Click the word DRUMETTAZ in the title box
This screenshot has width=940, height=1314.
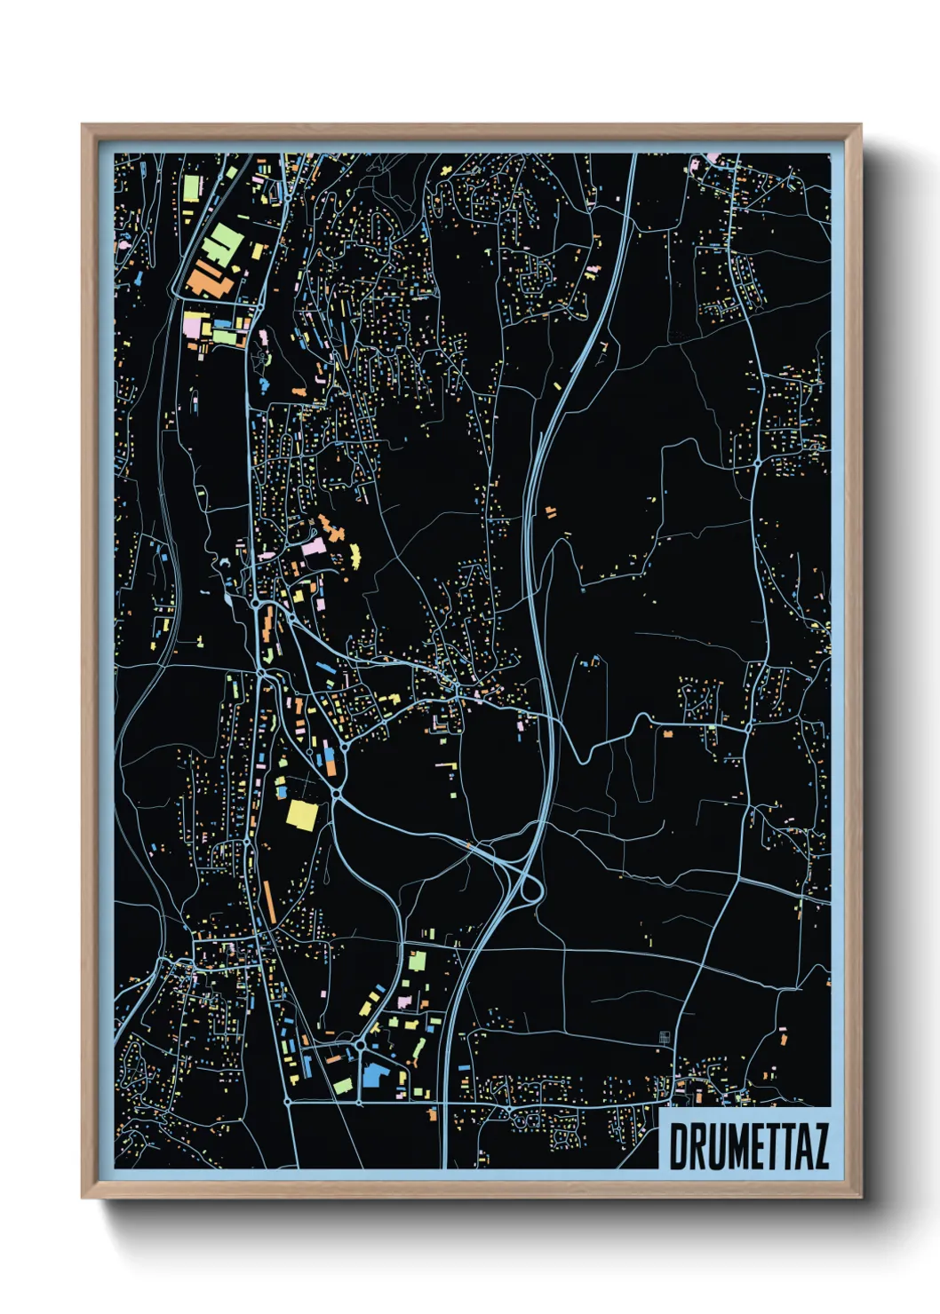[748, 1147]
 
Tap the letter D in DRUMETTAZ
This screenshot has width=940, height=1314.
[677, 1147]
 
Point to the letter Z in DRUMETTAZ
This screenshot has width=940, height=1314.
[819, 1147]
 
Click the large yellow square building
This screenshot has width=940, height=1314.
[301, 814]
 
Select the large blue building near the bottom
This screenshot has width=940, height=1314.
[372, 1075]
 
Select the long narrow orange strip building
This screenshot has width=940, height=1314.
[268, 902]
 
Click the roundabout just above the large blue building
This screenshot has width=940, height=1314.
[361, 1048]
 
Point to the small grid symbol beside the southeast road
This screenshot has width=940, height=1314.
[664, 1037]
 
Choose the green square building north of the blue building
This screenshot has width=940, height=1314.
[417, 961]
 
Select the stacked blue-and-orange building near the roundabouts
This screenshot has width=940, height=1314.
[329, 759]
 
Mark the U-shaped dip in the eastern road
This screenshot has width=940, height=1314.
[583, 755]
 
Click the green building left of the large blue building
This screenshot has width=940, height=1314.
[343, 1085]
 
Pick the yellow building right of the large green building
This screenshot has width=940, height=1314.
[257, 251]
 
